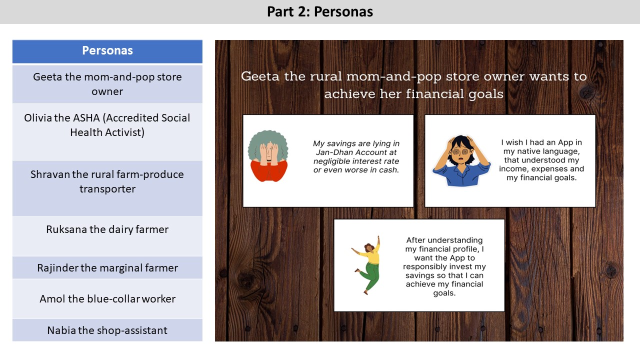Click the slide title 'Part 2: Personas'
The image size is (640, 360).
pyautogui.click(x=320, y=11)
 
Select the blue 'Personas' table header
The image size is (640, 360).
pyautogui.click(x=107, y=51)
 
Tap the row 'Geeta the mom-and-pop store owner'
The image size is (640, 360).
pyautogui.click(x=107, y=84)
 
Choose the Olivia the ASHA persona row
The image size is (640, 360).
pyautogui.click(x=107, y=132)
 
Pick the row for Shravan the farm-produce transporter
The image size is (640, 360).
pyautogui.click(x=107, y=188)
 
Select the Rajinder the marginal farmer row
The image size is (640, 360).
pyautogui.click(x=107, y=267)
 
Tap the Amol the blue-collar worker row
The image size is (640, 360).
pyautogui.click(x=107, y=299)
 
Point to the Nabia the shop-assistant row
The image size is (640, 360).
pyautogui.click(x=107, y=330)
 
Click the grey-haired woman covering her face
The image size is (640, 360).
pyautogui.click(x=268, y=156)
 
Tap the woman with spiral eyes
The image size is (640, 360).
pyautogui.click(x=461, y=160)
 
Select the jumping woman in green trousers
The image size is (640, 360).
pyautogui.click(x=367, y=265)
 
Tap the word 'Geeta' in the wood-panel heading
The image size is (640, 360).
pyautogui.click(x=260, y=76)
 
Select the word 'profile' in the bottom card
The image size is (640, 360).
pyautogui.click(x=463, y=249)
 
